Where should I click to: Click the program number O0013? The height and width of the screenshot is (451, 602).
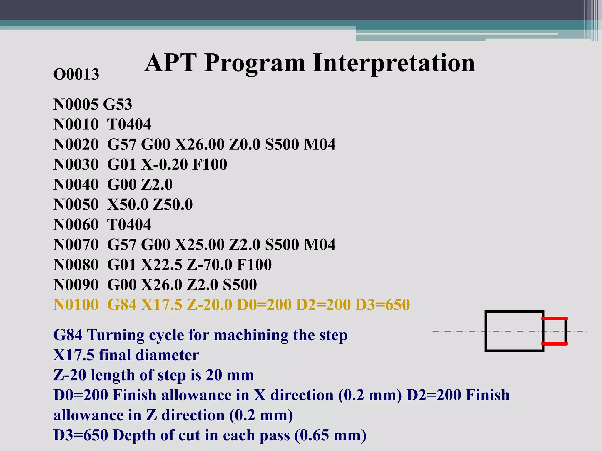[76, 74]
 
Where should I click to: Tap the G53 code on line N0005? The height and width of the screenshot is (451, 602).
[118, 104]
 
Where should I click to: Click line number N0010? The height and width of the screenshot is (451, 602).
[76, 124]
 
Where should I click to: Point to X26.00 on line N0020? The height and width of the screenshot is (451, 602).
[200, 144]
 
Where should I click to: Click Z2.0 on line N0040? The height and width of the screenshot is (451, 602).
[157, 184]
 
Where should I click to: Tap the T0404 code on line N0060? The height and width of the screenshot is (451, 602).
[129, 225]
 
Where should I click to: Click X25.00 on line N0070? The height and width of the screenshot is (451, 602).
[200, 245]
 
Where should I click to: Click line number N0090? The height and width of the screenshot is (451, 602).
[76, 285]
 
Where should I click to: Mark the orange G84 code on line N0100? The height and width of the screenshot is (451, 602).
[122, 305]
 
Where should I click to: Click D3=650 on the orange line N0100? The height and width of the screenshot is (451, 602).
[382, 305]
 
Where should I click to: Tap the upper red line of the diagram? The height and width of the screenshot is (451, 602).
[555, 318]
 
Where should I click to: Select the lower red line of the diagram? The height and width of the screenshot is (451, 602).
[555, 343]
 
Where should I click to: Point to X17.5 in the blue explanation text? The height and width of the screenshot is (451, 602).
[73, 355]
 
